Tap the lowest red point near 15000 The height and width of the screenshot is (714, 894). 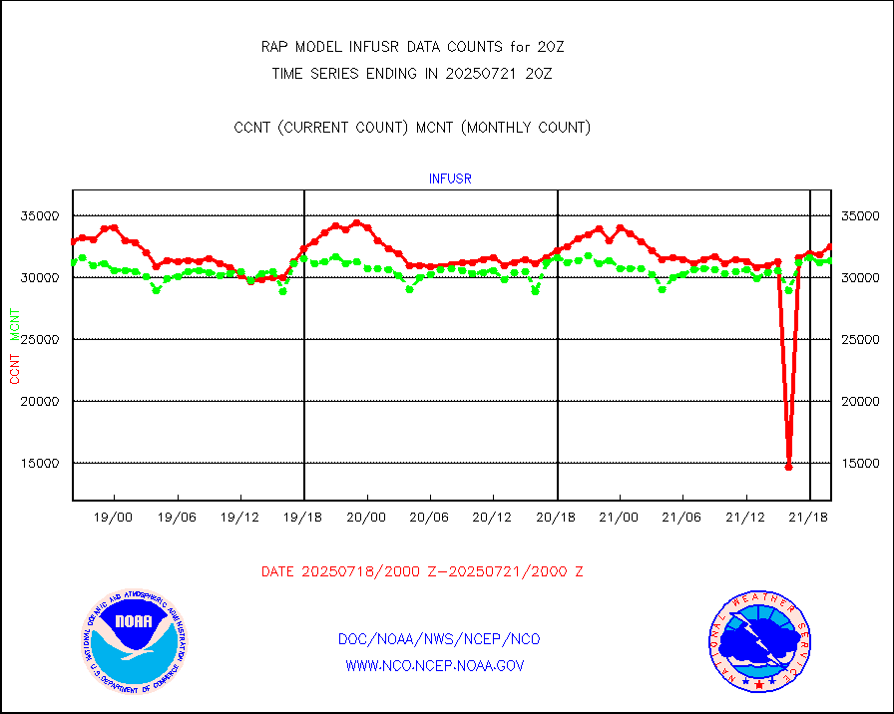coord(788,466)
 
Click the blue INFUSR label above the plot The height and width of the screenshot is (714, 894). coord(450,179)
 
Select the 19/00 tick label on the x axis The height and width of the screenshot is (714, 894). coord(114,517)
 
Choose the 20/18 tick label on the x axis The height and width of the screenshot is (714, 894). coord(556,517)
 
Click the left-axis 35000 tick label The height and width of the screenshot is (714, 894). coord(43,215)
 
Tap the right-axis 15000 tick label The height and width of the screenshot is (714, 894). coord(860,463)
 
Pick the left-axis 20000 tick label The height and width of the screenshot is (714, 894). coord(43,401)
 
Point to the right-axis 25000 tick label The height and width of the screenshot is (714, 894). coord(860,339)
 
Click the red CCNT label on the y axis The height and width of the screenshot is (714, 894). coord(15,368)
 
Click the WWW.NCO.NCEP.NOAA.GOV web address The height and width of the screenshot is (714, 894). coord(435,665)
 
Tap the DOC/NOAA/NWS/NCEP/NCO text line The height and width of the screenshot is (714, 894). coord(439,639)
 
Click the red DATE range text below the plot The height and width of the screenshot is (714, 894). coord(422,571)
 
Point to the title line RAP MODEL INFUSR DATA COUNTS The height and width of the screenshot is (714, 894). coord(413,47)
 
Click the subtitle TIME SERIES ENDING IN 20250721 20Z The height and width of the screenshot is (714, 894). coord(412,73)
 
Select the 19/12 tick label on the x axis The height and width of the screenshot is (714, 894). coord(240,517)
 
